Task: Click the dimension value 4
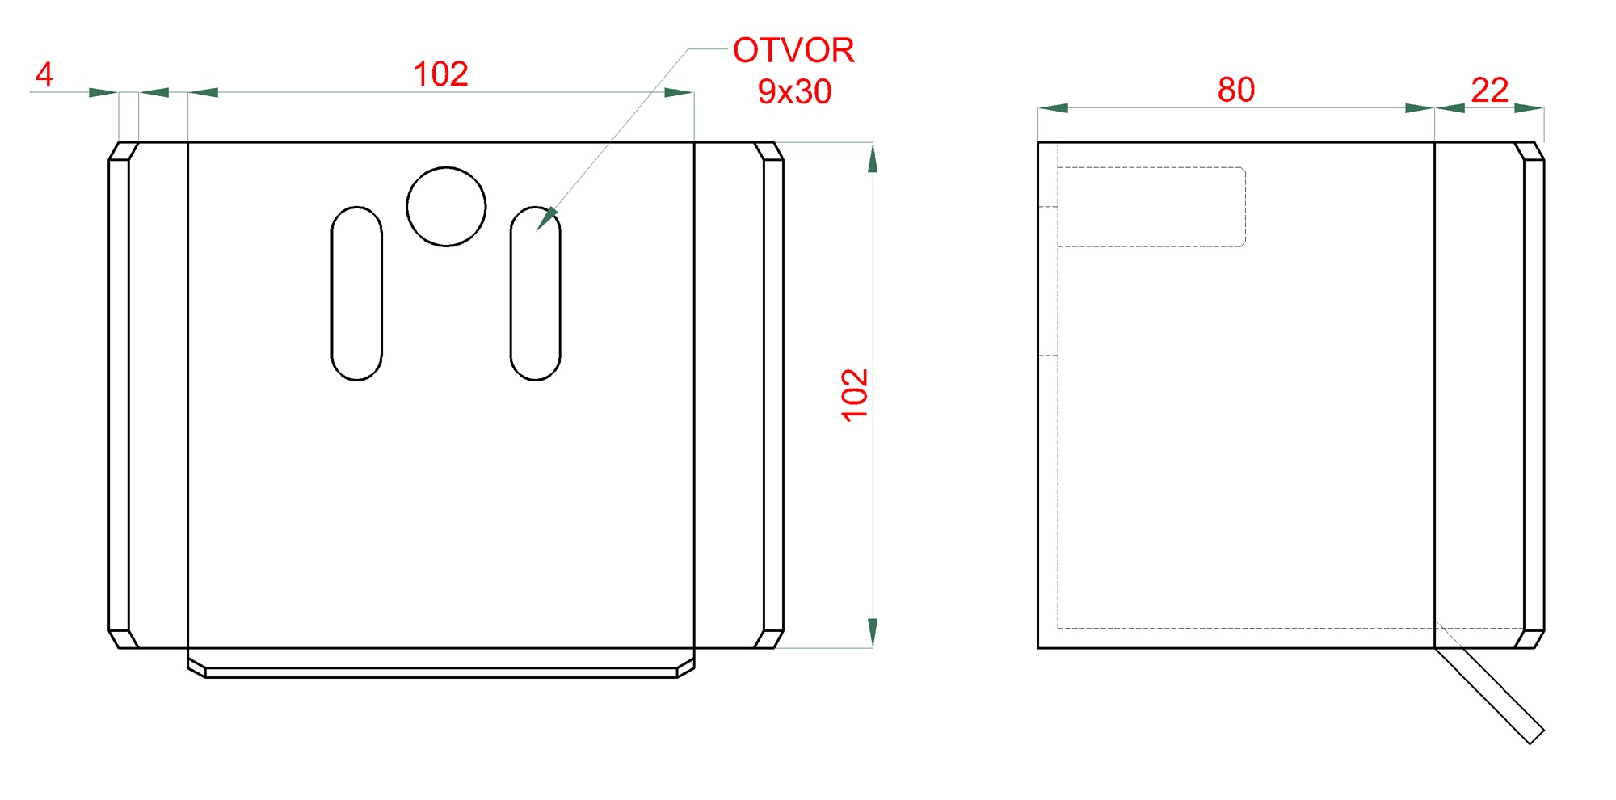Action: [44, 74]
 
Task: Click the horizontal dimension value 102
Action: [440, 74]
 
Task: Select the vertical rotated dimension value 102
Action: [855, 395]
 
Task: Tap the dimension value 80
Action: [1236, 90]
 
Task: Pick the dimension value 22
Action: [1489, 90]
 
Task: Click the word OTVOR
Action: [793, 51]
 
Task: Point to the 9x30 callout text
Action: [794, 91]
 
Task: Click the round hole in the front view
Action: [446, 207]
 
